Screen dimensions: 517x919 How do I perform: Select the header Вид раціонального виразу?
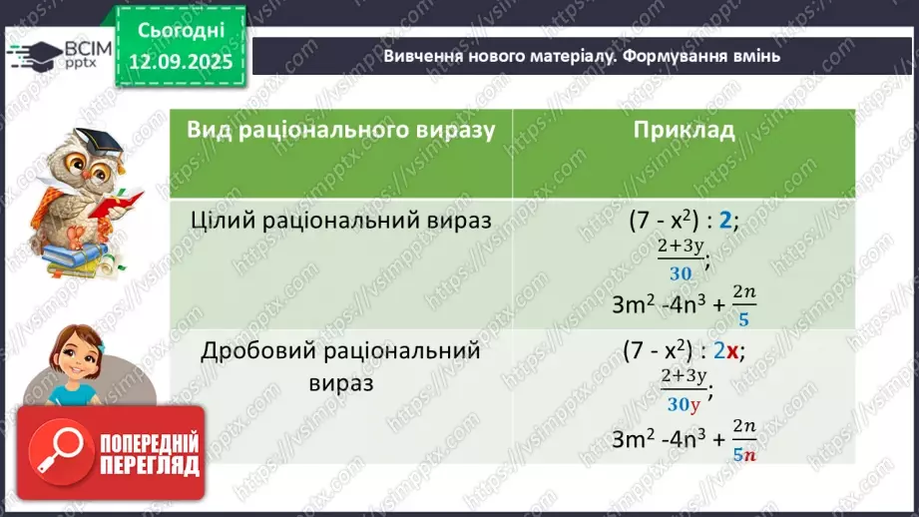pyautogui.click(x=340, y=131)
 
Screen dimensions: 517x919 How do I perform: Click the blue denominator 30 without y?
pyautogui.click(x=682, y=273)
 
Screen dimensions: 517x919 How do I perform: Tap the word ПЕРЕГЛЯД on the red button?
pyautogui.click(x=150, y=465)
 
